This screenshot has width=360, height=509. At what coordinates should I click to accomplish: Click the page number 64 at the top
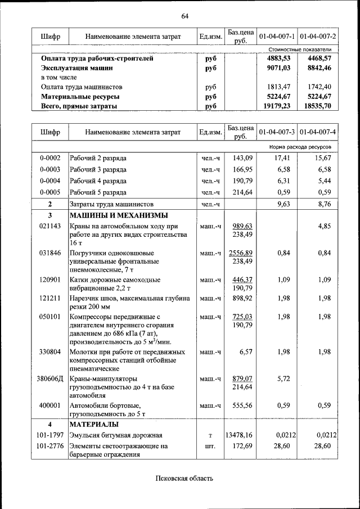coord(185,15)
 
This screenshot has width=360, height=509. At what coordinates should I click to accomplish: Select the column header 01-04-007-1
coord(277,37)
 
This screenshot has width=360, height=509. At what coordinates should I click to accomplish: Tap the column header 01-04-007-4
coord(318,132)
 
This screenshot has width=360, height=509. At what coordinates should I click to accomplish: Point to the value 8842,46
coord(319,68)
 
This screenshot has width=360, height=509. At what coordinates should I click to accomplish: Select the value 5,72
coord(283,379)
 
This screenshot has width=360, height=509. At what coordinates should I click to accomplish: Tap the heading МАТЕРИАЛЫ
coord(93,424)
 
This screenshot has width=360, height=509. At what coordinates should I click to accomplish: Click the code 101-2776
coord(49,446)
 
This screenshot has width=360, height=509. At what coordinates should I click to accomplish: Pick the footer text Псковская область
coord(184,479)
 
